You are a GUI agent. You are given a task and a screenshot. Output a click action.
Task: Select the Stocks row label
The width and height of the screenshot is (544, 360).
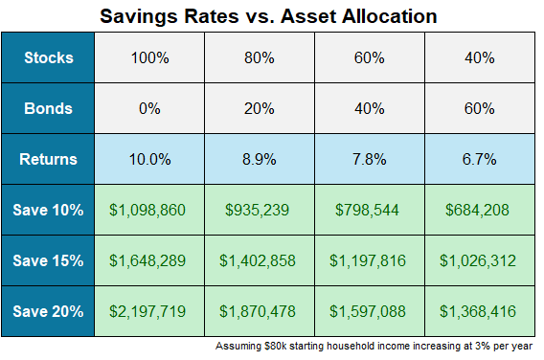[49, 56]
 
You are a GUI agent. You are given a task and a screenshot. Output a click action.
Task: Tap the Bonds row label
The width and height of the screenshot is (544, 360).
[49, 108]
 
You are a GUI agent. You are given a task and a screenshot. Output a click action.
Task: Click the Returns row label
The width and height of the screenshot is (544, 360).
[49, 159]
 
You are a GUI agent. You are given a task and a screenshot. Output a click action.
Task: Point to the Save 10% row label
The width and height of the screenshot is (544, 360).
[49, 210]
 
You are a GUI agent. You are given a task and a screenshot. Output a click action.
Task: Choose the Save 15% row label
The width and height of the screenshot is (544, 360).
[49, 260]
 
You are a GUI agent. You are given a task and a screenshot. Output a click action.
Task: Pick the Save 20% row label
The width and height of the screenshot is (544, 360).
[49, 311]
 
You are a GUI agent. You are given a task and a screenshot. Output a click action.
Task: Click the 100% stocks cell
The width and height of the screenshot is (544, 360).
[149, 56]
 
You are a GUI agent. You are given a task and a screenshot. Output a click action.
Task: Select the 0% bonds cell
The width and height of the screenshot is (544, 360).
[149, 108]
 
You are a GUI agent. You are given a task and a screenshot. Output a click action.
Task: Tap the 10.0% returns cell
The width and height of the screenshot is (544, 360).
[149, 159]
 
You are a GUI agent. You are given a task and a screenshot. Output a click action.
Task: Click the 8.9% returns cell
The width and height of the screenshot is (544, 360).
[260, 159]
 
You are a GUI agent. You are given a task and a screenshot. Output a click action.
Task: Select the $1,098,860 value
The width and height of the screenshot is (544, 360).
[149, 210]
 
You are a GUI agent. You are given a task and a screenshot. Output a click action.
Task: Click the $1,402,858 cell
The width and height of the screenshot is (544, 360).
[260, 260]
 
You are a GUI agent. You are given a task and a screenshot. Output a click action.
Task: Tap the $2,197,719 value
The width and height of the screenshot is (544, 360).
[149, 311]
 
